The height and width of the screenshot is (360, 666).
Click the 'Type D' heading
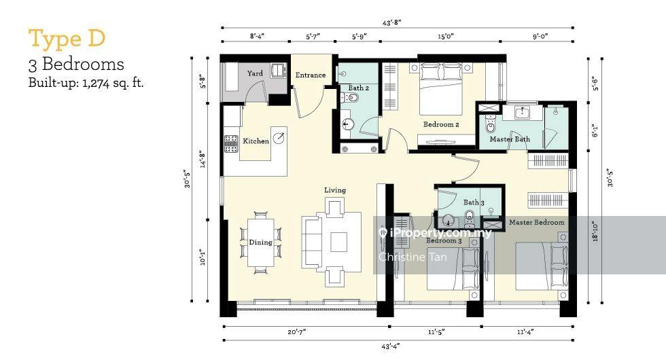point(67,39)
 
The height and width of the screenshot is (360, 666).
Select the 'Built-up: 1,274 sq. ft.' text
point(86,82)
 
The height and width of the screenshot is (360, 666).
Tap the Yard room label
point(255,73)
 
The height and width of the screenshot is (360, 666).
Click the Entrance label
point(311,75)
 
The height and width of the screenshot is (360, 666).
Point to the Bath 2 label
point(359,88)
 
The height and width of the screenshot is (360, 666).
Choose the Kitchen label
point(256,141)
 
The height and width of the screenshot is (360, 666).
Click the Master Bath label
point(510,139)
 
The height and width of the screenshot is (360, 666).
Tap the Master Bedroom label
point(537,222)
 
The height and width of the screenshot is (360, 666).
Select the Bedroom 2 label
point(441,124)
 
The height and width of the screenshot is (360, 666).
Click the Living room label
point(335,190)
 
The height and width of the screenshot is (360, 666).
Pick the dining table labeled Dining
point(261,242)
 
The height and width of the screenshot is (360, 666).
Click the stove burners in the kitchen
point(230,143)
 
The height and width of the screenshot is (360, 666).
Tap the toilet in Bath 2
point(351,98)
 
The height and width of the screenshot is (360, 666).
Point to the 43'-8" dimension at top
point(391,22)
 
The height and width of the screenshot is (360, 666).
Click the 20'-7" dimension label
point(296,331)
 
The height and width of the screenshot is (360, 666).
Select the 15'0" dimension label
point(446,37)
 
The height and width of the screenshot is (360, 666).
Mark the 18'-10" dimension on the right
point(595,232)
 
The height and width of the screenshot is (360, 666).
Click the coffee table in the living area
point(338,242)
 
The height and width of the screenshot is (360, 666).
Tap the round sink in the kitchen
point(279,137)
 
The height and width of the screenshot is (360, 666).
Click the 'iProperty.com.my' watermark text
point(434,232)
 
